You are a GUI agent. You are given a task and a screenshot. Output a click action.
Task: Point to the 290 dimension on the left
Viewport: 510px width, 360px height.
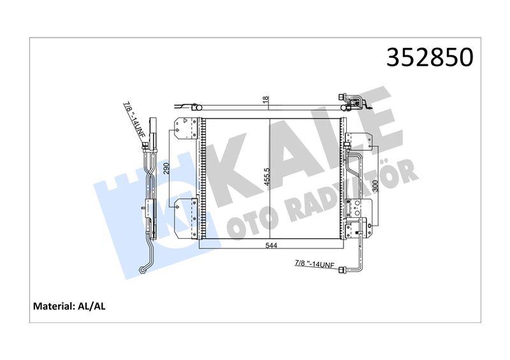click(166, 169)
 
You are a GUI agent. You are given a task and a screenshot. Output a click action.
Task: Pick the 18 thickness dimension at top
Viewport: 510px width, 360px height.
click(266, 101)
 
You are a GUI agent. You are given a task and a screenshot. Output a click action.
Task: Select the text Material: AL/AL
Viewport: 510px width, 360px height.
click(69, 306)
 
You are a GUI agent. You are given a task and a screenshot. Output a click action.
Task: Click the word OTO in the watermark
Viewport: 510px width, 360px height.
click(251, 222)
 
